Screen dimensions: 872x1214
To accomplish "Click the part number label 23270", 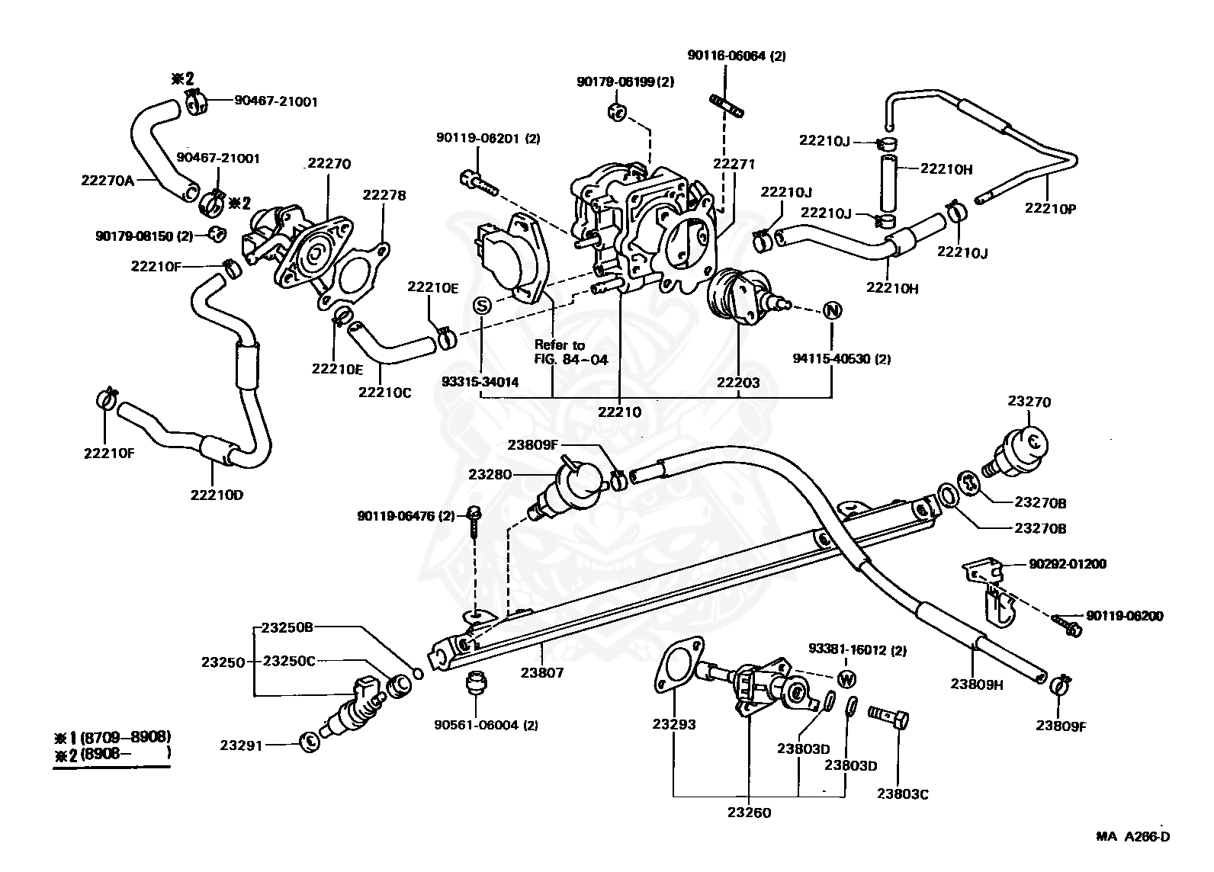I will (x=1029, y=402).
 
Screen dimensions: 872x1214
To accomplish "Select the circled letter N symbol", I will (x=832, y=311).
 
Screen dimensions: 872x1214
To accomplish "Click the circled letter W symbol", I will (x=846, y=678).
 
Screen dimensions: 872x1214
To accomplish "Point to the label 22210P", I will (x=1050, y=207).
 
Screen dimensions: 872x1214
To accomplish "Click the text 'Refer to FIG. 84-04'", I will (x=571, y=353).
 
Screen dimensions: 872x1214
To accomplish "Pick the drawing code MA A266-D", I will (x=1132, y=837).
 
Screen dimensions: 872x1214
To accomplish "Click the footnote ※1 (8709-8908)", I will (x=111, y=736).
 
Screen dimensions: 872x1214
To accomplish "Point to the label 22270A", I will (x=107, y=181).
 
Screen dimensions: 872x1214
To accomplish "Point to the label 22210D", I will (x=217, y=494).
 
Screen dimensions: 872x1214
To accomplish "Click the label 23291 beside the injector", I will (x=241, y=745).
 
